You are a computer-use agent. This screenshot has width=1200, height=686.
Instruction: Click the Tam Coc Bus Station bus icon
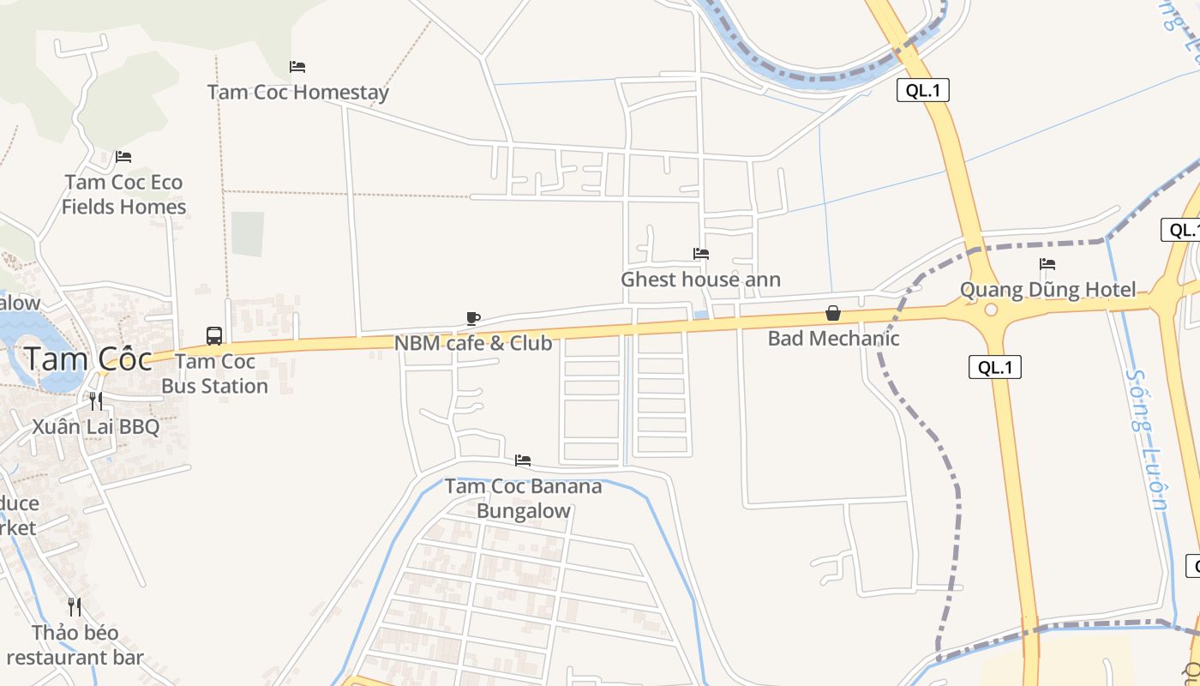pos(214,336)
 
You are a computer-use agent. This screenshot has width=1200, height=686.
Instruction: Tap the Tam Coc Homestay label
pos(298,92)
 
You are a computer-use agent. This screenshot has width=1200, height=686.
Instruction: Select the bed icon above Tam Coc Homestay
pos(297,67)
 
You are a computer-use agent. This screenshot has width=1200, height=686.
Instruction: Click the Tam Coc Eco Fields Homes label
pos(124,195)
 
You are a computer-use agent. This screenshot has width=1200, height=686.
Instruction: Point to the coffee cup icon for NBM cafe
pos(472,319)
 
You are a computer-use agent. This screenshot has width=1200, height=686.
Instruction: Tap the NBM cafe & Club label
pos(473,343)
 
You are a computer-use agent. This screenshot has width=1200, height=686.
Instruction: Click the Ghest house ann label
pos(700,279)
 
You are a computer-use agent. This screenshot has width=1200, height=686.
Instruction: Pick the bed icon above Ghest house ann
pos(701,254)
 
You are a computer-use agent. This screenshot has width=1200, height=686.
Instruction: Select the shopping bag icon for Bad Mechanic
pos(832,314)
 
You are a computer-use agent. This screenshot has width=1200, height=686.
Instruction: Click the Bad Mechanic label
pos(833,338)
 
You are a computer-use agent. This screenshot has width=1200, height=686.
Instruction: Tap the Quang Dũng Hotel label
pos(1047,289)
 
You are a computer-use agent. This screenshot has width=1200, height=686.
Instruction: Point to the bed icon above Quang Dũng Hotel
pos(1047,264)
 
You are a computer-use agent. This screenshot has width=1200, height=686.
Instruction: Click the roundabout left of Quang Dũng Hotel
pos(991,310)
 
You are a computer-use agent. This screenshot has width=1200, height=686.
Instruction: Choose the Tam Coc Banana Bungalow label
pos(523,498)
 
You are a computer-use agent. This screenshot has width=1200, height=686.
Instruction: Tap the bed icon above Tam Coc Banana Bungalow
pos(523,461)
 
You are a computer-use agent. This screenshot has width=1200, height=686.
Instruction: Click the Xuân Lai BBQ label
pos(96,426)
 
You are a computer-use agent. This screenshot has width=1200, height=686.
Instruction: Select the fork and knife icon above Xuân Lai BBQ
pos(96,400)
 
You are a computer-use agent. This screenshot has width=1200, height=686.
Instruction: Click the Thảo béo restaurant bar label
pos(75,645)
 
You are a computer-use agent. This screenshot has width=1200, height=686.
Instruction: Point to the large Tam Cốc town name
pos(87,358)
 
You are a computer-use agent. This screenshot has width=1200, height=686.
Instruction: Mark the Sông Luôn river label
pos(1147,439)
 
